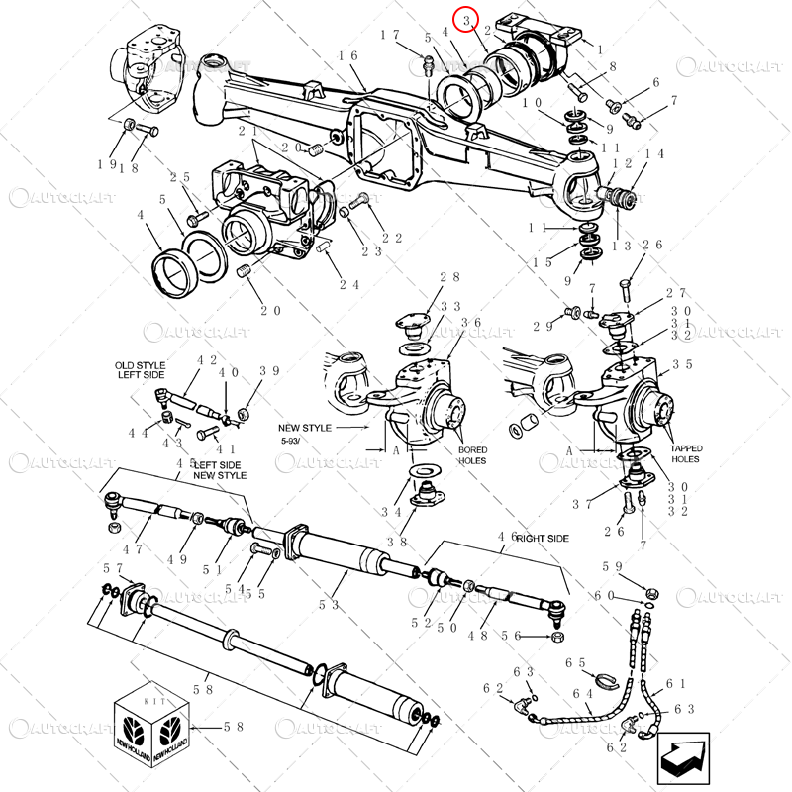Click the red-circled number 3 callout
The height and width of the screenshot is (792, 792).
[x=465, y=19]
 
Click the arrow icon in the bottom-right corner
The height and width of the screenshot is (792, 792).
[x=682, y=756]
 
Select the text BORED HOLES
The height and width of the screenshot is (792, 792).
[x=472, y=455]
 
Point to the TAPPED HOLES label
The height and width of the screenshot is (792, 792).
[x=684, y=453]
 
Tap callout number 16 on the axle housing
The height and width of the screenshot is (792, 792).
[x=347, y=56]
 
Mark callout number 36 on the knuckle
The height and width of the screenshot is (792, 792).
[x=470, y=323]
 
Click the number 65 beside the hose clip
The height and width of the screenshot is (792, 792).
[x=575, y=663]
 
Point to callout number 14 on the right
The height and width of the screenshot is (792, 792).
[x=654, y=154]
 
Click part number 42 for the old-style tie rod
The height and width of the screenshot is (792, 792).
[x=207, y=361]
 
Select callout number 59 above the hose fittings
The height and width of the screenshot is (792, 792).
[x=613, y=567]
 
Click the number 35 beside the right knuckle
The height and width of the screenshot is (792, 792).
[x=682, y=364]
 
